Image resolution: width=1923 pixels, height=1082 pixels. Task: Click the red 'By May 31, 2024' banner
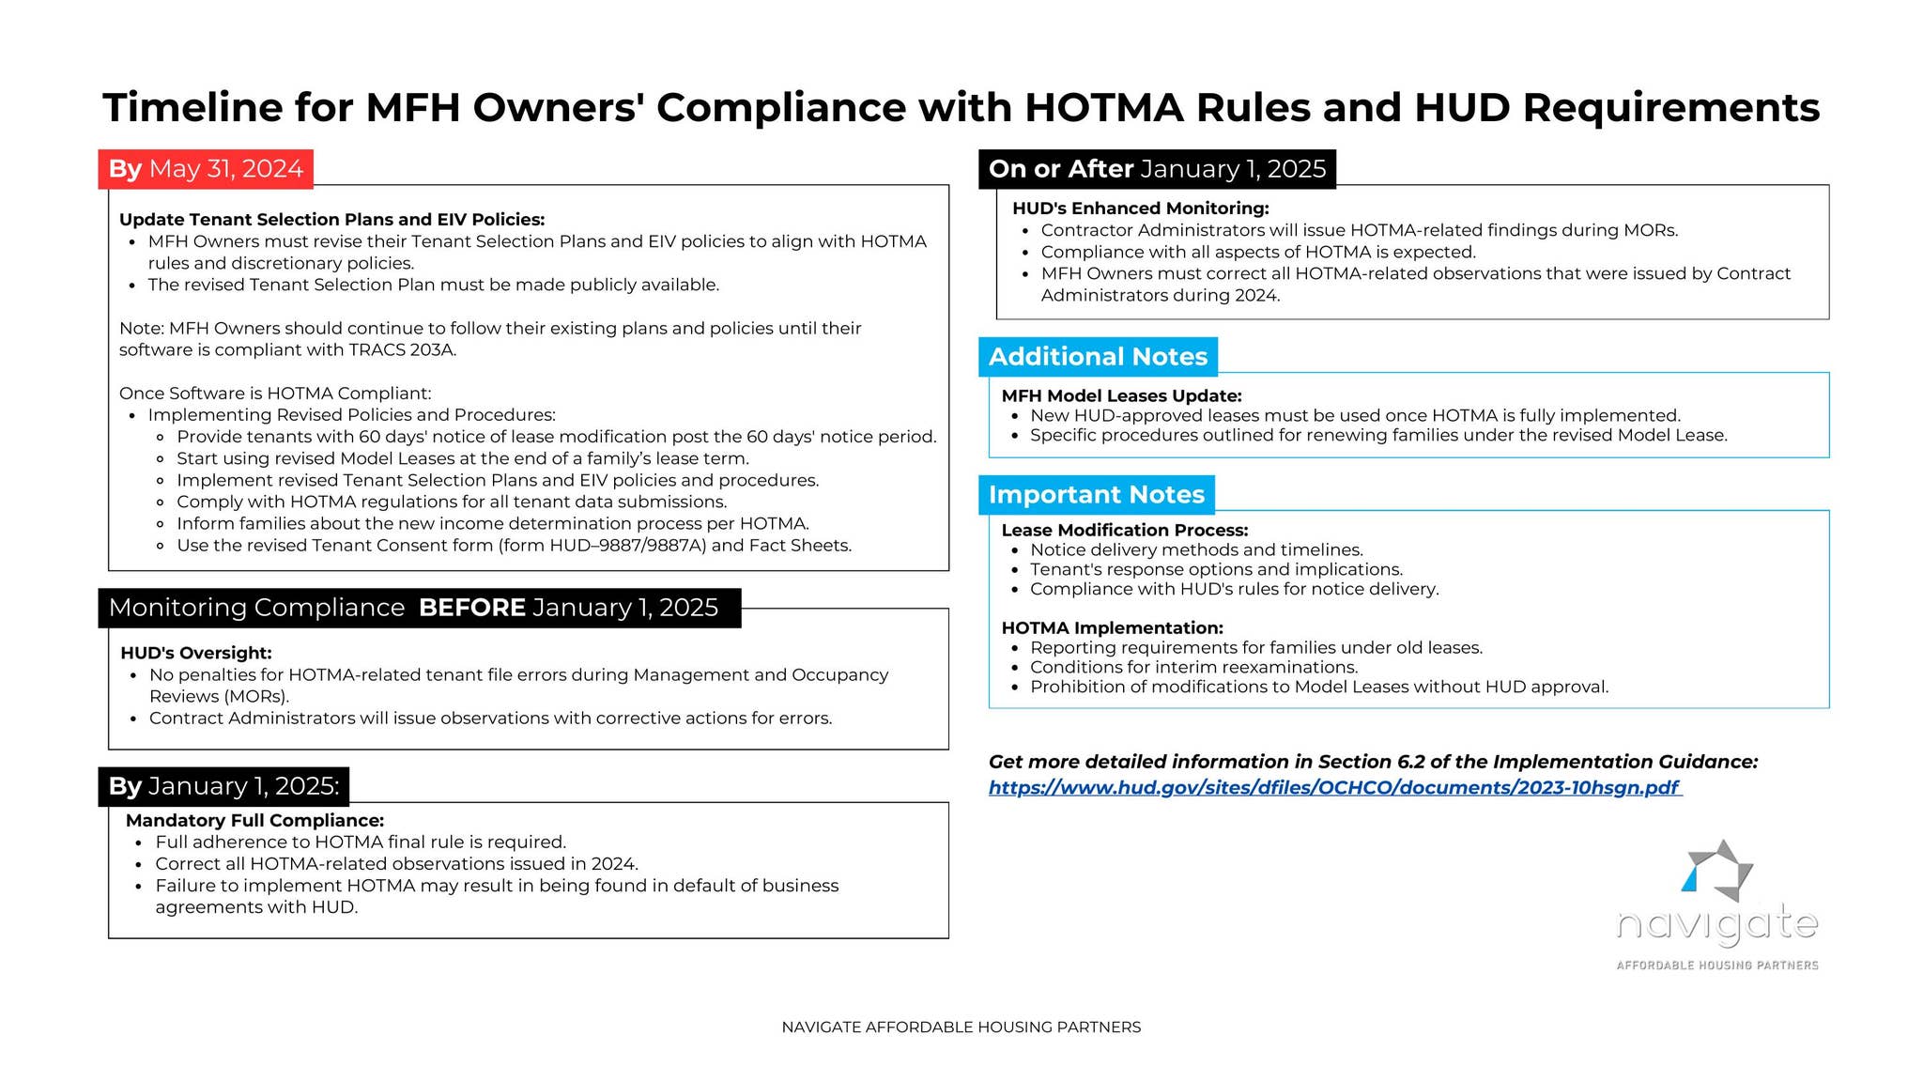(x=206, y=169)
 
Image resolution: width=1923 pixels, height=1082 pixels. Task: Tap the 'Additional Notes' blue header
(x=1098, y=357)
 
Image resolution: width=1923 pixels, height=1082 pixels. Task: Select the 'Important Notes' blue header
(x=1096, y=495)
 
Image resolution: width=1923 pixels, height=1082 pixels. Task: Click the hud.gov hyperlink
(x=1334, y=788)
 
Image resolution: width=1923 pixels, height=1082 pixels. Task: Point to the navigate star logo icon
(x=1717, y=870)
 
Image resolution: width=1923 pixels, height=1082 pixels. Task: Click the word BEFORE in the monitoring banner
(x=471, y=608)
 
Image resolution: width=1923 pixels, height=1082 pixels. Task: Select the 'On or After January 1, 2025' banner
(x=1157, y=169)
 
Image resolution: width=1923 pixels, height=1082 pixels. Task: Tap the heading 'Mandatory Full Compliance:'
(x=254, y=820)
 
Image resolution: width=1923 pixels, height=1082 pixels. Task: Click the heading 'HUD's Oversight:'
(x=196, y=653)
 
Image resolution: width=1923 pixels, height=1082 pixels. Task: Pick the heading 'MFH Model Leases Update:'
(x=1121, y=395)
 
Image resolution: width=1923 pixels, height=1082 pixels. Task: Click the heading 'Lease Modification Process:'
(x=1124, y=530)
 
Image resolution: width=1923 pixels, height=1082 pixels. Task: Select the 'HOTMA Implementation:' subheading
(x=1112, y=627)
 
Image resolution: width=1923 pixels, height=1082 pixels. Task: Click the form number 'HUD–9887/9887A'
(x=627, y=546)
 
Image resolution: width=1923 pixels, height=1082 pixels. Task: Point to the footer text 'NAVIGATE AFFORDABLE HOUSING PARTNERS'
(x=961, y=1028)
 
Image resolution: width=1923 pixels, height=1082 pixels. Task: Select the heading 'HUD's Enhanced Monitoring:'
(x=1140, y=209)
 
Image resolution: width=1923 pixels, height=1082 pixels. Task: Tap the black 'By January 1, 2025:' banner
(x=223, y=786)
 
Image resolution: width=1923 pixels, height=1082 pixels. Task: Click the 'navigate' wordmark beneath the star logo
(x=1716, y=925)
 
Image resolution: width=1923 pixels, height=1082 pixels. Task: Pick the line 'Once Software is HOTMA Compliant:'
(x=275, y=394)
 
